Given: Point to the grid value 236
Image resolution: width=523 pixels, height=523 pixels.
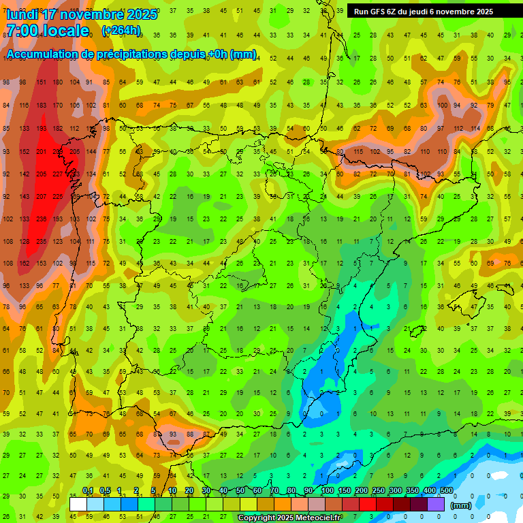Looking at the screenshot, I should point(42,219).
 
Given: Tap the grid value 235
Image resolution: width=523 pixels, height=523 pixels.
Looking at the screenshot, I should point(42,242).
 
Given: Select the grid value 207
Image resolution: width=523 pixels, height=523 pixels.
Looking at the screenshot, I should point(42,197).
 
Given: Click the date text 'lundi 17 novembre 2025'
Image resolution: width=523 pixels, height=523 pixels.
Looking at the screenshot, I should point(82,14).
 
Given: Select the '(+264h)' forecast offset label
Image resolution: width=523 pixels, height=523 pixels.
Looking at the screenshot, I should point(121,31).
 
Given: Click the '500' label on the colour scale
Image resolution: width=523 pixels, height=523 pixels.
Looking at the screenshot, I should point(446,491).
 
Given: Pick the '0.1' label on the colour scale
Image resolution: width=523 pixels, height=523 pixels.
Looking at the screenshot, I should point(88,491).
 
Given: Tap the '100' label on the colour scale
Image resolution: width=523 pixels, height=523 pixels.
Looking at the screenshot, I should point(327,491).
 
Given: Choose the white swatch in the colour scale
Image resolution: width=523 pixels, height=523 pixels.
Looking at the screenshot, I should point(78,504).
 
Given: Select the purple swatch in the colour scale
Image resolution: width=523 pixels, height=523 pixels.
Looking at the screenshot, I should point(437,504).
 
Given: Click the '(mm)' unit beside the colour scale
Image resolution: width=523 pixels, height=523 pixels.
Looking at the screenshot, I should point(461,505).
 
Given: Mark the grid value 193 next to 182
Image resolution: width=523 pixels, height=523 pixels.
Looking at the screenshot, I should point(42,128).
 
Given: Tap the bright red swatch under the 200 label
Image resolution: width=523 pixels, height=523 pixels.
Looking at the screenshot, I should point(368,504).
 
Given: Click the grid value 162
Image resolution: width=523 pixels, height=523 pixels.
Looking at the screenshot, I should point(25,264).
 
